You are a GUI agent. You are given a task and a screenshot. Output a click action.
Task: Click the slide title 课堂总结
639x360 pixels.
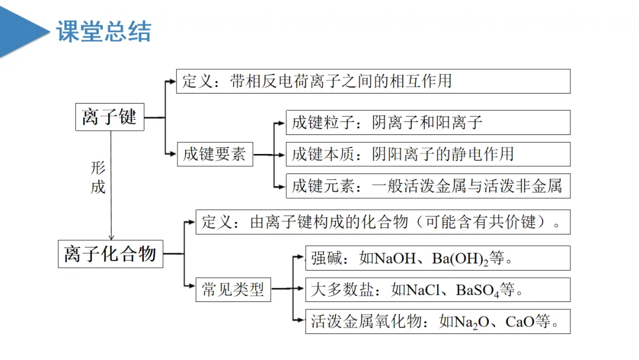(104, 31)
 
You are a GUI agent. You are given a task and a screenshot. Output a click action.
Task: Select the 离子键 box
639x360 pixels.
(109, 117)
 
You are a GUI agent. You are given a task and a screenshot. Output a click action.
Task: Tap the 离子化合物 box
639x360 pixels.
(110, 253)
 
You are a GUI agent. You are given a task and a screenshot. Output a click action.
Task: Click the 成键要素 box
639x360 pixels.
(214, 155)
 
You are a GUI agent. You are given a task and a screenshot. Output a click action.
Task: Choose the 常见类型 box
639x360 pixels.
(233, 290)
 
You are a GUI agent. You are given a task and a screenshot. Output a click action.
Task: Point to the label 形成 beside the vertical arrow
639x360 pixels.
(98, 177)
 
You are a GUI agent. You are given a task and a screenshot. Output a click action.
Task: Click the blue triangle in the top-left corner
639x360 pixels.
(21, 30)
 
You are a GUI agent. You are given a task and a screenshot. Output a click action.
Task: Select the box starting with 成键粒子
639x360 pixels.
(428, 123)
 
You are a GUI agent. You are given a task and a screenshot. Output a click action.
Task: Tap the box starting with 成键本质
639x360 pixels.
(428, 154)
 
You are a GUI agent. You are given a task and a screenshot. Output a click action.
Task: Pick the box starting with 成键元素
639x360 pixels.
(428, 186)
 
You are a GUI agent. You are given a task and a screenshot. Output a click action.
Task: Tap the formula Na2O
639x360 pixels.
(472, 322)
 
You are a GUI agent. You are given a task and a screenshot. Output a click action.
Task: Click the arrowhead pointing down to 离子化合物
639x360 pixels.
(111, 236)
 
